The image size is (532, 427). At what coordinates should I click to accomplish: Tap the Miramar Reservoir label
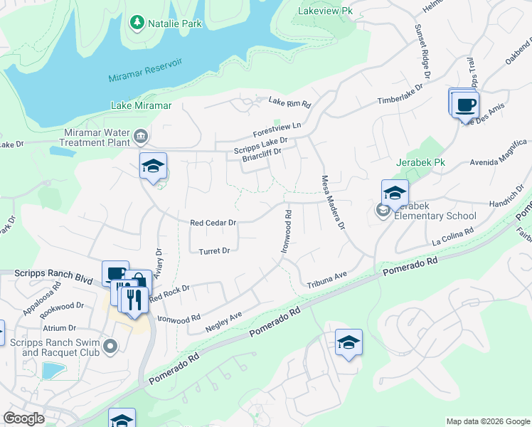pyautogui.click(x=146, y=70)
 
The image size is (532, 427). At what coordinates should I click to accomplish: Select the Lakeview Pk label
pyautogui.click(x=326, y=11)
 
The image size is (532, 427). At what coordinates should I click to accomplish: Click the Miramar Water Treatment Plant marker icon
pyautogui.click(x=141, y=135)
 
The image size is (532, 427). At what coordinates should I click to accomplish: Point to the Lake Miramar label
pyautogui.click(x=142, y=105)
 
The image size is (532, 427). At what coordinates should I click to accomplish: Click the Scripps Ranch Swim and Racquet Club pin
pyautogui.click(x=110, y=346)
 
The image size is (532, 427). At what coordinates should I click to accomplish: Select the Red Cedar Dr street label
pyautogui.click(x=213, y=223)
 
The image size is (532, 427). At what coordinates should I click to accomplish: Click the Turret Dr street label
pyautogui.click(x=214, y=251)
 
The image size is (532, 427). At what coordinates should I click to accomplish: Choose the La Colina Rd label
pyautogui.click(x=454, y=237)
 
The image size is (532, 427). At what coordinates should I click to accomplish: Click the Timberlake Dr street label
pyautogui.click(x=400, y=93)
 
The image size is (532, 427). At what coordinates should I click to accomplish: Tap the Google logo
pyautogui.click(x=23, y=418)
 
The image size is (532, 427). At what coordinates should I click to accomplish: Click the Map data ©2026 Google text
pyautogui.click(x=488, y=421)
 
